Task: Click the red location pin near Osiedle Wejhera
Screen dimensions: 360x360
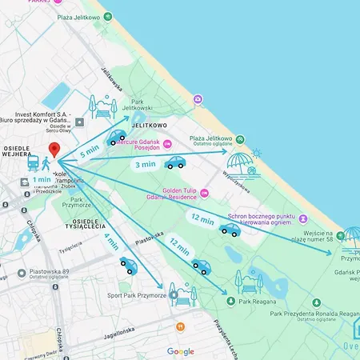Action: pyautogui.click(x=54, y=150)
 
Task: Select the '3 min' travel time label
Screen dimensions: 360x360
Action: pyautogui.click(x=145, y=164)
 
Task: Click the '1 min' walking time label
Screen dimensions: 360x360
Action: pyautogui.click(x=41, y=180)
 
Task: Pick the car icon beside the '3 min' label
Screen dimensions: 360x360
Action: pyautogui.click(x=174, y=162)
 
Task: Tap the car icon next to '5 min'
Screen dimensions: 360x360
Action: pyautogui.click(x=118, y=138)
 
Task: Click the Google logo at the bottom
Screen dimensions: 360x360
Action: pyautogui.click(x=180, y=351)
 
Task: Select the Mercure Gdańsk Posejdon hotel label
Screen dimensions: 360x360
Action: pyautogui.click(x=148, y=148)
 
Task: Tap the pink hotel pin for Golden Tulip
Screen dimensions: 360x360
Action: pyautogui.click(x=204, y=193)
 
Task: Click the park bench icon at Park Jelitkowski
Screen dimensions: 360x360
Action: pyautogui.click(x=102, y=106)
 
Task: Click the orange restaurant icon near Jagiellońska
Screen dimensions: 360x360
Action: pyautogui.click(x=181, y=327)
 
